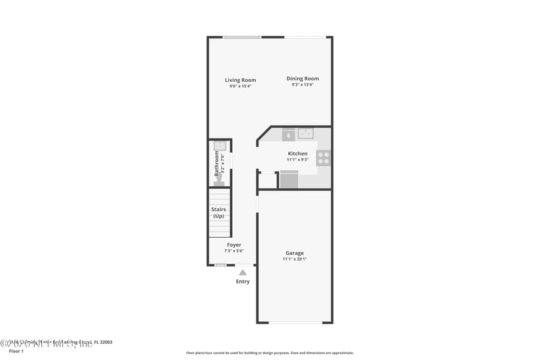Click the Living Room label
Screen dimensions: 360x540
(240, 80)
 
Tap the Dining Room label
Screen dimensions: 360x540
(302, 78)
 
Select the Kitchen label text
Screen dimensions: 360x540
(297, 153)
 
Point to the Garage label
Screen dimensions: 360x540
(294, 253)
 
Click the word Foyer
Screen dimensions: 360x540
(234, 245)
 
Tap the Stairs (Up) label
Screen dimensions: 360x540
(219, 213)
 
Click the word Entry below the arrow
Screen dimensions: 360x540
(242, 282)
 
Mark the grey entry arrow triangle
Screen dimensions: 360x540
(242, 272)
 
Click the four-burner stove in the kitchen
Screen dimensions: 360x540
(323, 158)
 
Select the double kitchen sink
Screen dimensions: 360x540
(307, 133)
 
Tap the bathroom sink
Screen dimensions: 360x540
(220, 146)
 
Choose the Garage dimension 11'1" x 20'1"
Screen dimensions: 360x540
(294, 259)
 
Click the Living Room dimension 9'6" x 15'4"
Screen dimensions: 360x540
(240, 86)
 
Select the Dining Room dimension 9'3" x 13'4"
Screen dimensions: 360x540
(302, 85)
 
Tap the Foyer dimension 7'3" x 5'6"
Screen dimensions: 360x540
(234, 251)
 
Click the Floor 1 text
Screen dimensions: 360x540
(15, 351)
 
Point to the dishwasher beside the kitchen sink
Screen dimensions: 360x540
(288, 134)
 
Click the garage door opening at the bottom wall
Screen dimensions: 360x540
(295, 323)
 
